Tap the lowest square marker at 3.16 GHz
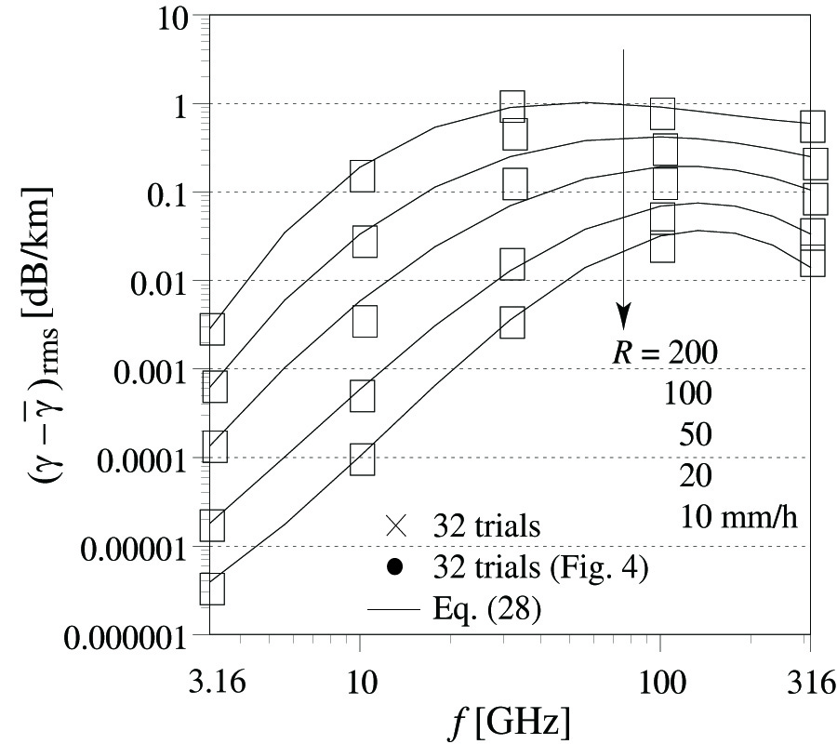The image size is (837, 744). coord(212,589)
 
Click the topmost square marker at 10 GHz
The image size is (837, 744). coord(363,175)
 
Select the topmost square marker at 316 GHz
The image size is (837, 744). coord(813,126)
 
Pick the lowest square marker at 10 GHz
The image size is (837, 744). coord(363,458)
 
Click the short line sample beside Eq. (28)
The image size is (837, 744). coord(395,611)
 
